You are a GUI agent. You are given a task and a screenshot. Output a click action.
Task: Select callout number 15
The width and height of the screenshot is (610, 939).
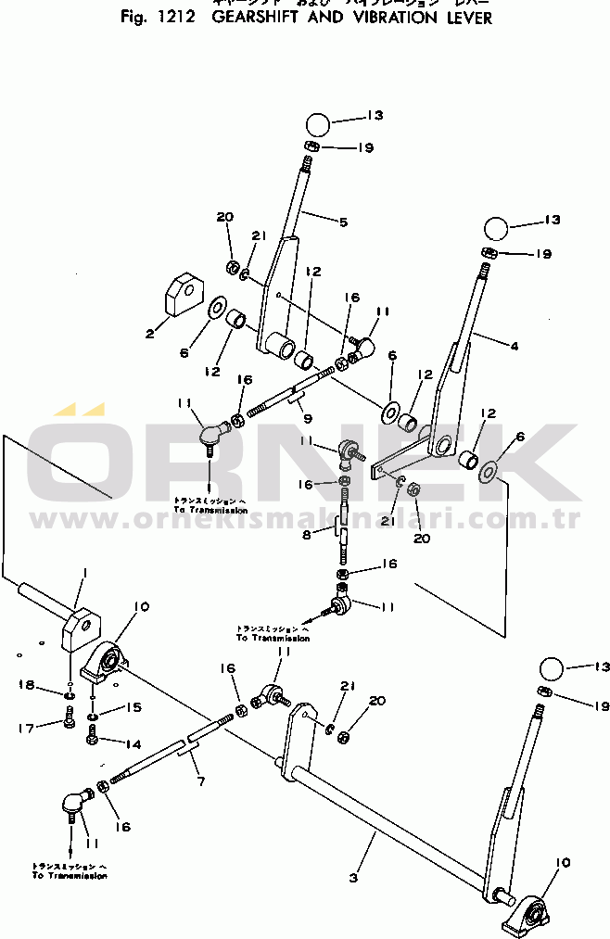pyautogui.click(x=133, y=708)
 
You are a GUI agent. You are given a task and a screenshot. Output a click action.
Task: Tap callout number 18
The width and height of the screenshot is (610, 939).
pyautogui.click(x=26, y=685)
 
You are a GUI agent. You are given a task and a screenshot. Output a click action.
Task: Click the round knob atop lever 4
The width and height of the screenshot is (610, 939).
pyautogui.click(x=496, y=228)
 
